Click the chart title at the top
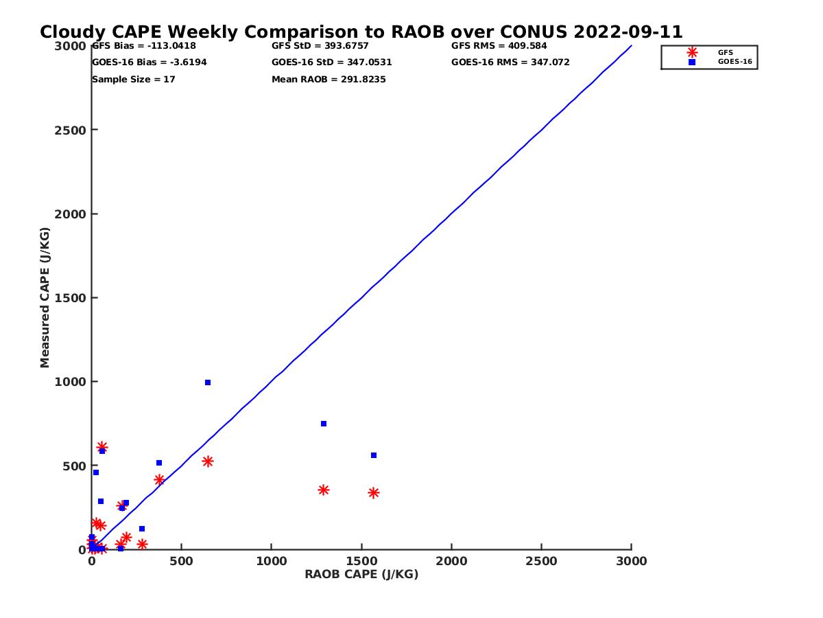tap(361, 32)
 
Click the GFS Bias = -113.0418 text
tap(144, 46)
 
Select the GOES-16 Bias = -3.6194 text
tap(150, 62)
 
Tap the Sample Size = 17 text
tap(134, 80)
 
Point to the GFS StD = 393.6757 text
tap(320, 46)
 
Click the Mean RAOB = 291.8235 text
tap(329, 80)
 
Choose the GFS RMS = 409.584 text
tap(499, 46)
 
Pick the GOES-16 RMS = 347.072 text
tap(510, 62)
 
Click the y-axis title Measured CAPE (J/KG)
tap(45, 297)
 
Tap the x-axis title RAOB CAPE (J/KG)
tap(361, 575)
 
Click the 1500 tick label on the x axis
tap(361, 561)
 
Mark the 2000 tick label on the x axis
tap(451, 561)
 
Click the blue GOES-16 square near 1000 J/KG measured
tap(208, 382)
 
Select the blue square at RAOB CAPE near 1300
tap(324, 424)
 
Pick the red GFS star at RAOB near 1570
tap(374, 493)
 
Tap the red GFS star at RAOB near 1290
tap(324, 490)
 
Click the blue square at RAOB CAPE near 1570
tap(374, 455)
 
